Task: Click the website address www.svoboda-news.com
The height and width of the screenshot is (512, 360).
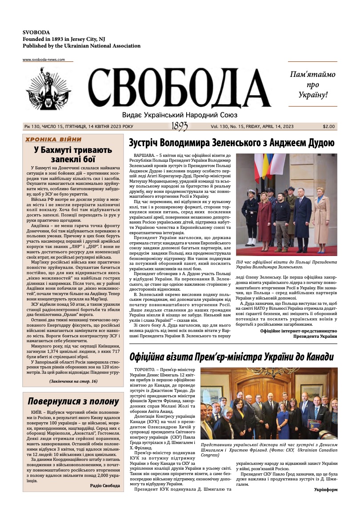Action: pyautogui.click(x=44, y=60)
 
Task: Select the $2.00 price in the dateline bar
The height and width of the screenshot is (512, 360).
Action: pyautogui.click(x=329, y=127)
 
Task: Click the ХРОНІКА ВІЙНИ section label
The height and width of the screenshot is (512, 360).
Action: pyautogui.click(x=53, y=139)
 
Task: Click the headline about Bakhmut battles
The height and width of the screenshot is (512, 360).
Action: pyautogui.click(x=73, y=154)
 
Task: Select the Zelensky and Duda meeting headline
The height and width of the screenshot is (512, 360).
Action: pyautogui.click(x=231, y=143)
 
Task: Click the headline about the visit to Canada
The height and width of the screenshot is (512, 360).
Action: pyautogui.click(x=231, y=356)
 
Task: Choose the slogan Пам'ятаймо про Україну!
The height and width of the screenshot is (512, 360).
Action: pyautogui.click(x=312, y=84)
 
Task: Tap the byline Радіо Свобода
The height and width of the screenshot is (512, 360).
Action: pyautogui.click(x=104, y=486)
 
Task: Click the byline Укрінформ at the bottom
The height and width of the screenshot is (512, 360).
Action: pyautogui.click(x=325, y=489)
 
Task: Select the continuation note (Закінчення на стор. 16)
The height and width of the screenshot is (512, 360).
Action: pyautogui.click(x=73, y=381)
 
